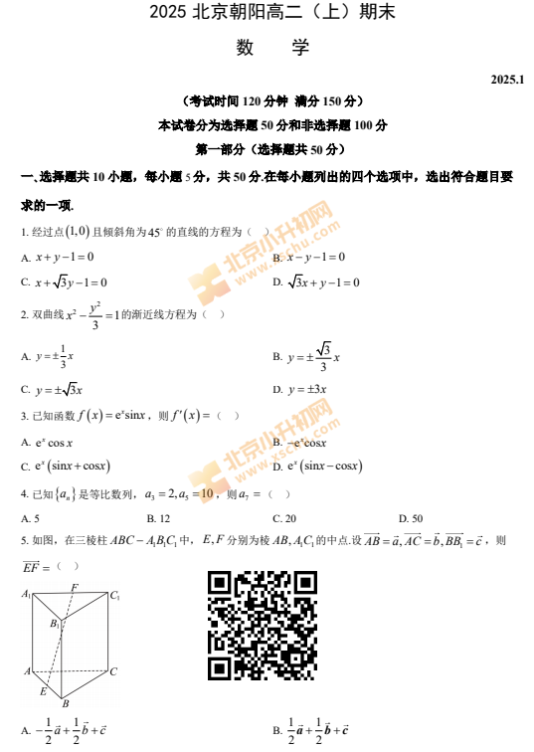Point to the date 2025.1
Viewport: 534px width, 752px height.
(x=507, y=78)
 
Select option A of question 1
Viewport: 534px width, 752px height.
(x=64, y=257)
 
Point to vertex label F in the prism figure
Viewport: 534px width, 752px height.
(x=76, y=588)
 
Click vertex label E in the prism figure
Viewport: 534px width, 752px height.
(x=44, y=690)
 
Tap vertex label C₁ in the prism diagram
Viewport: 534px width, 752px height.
(x=115, y=596)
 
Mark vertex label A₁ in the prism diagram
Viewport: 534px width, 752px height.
(x=27, y=595)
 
